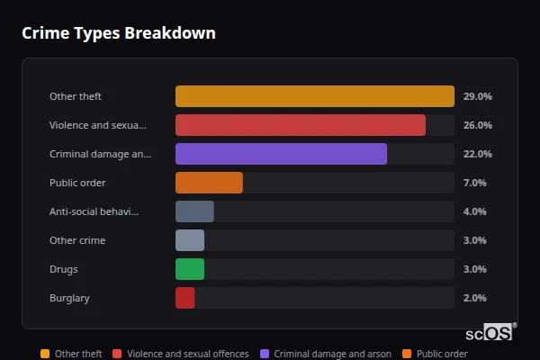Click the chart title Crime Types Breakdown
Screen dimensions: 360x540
119,33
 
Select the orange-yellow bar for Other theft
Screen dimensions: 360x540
314,96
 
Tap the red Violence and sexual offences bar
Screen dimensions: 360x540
300,125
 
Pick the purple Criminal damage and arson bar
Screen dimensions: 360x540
281,154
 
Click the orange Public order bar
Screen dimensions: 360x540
209,183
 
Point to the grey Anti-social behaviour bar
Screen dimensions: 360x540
194,211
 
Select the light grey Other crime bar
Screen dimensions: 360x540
190,240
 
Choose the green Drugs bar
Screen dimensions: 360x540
190,269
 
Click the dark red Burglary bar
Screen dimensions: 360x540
184,298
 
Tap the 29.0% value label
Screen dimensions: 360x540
477,96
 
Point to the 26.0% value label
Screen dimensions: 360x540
477,125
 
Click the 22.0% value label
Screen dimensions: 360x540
477,154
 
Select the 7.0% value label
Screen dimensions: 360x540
474,183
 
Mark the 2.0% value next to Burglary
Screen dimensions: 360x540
474,298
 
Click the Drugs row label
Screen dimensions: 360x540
64,269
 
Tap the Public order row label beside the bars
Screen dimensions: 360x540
77,183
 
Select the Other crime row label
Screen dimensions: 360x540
77,240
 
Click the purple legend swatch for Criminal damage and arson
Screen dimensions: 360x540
265,354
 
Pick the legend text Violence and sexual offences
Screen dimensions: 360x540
187,354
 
